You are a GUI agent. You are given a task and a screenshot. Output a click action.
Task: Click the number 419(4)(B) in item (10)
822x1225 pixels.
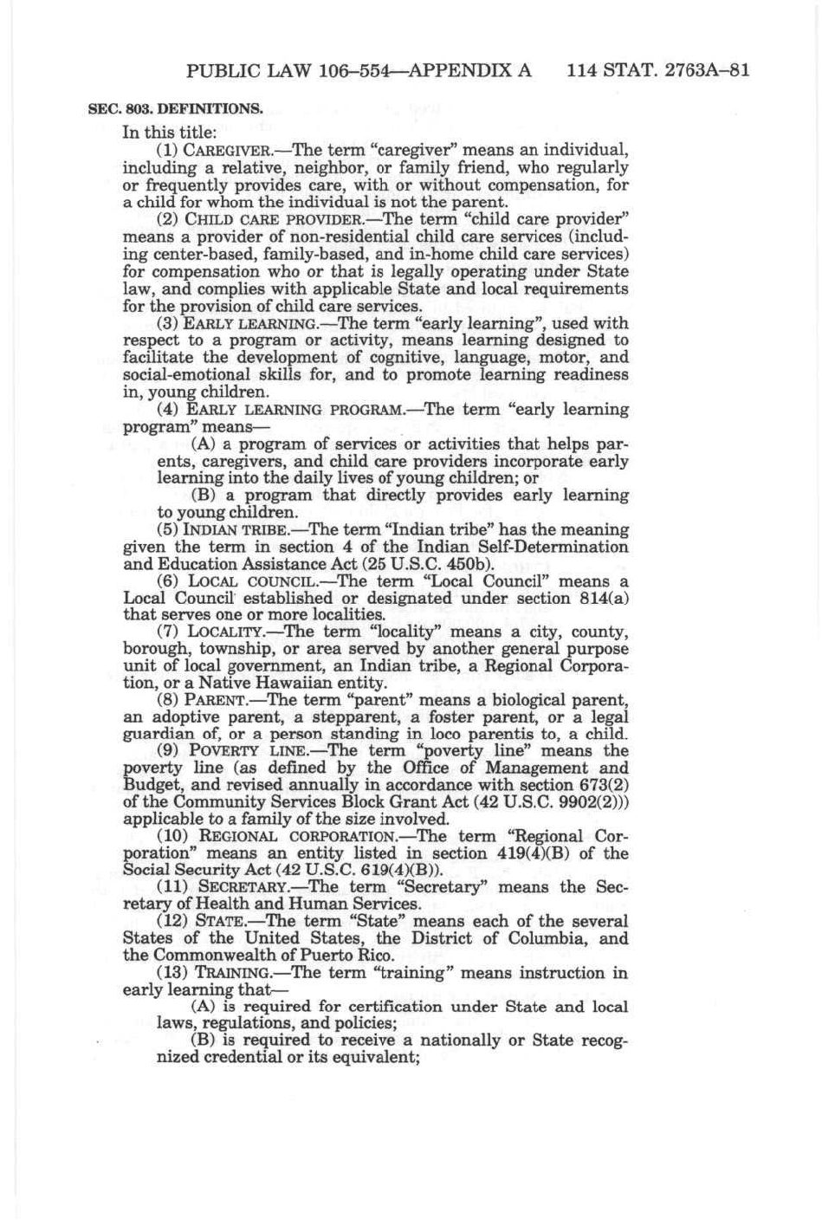[x=526, y=853]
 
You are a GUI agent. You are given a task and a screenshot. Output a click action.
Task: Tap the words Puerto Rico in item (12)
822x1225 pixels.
[x=350, y=956]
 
